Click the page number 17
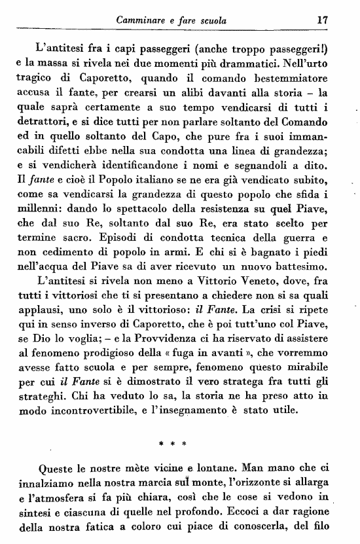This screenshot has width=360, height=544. [321, 20]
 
